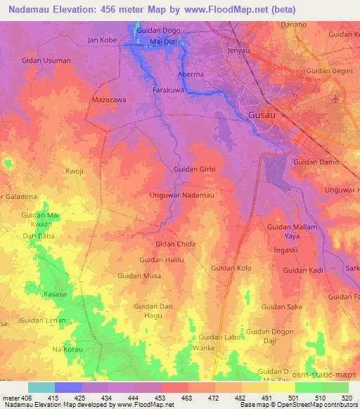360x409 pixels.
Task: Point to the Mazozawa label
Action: pyautogui.click(x=109, y=100)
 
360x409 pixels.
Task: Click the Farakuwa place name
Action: pyautogui.click(x=169, y=90)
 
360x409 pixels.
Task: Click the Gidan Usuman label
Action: pyautogui.click(x=46, y=60)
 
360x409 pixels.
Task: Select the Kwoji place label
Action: pyautogui.click(x=74, y=171)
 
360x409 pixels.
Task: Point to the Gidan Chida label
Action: pyautogui.click(x=175, y=243)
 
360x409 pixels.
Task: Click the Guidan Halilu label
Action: pyautogui.click(x=162, y=259)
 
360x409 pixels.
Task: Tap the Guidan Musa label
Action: pyautogui.click(x=139, y=275)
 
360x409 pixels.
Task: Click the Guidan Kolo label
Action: pyautogui.click(x=231, y=268)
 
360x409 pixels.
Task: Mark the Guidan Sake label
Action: pyautogui.click(x=281, y=306)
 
